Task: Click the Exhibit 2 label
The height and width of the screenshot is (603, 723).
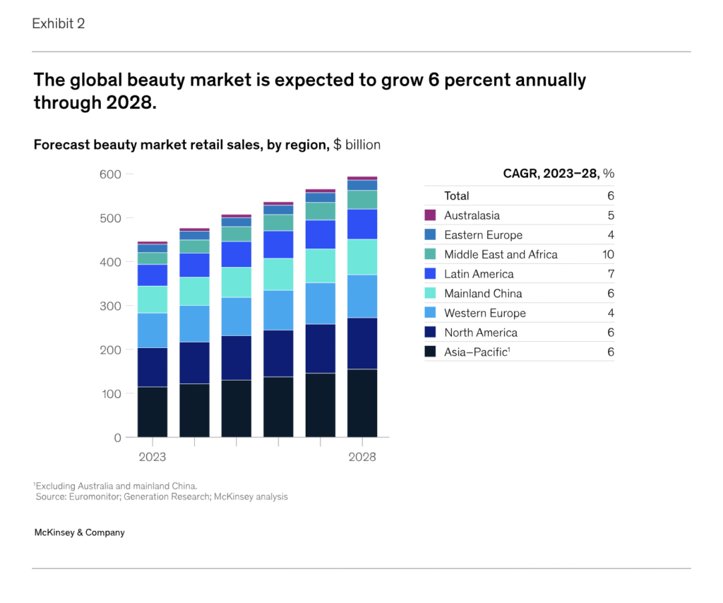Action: point(59,23)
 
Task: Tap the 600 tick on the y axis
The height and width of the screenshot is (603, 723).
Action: point(110,174)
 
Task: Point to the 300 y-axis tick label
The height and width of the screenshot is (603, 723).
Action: point(110,306)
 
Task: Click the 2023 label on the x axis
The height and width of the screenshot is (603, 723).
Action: point(152,457)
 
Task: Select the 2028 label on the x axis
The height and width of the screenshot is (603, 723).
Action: point(362,457)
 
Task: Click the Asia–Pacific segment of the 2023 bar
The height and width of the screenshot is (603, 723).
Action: point(153,412)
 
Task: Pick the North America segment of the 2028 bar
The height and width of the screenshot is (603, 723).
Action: point(362,343)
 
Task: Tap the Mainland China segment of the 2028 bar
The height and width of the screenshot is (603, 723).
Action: point(362,257)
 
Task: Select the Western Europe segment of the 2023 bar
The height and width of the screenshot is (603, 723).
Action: point(153,330)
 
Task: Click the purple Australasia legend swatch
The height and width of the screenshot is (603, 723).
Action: point(430,215)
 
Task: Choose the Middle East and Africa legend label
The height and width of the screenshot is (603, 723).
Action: point(501,254)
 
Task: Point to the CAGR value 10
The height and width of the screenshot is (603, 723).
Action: point(608,254)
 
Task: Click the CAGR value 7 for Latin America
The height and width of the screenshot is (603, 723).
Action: point(611,274)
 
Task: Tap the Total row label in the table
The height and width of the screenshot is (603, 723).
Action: point(456,196)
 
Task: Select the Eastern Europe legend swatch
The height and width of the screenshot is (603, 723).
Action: point(430,235)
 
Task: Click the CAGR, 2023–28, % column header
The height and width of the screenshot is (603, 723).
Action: point(558,174)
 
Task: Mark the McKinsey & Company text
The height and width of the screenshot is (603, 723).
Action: point(79,532)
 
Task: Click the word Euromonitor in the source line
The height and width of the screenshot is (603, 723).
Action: point(92,496)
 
